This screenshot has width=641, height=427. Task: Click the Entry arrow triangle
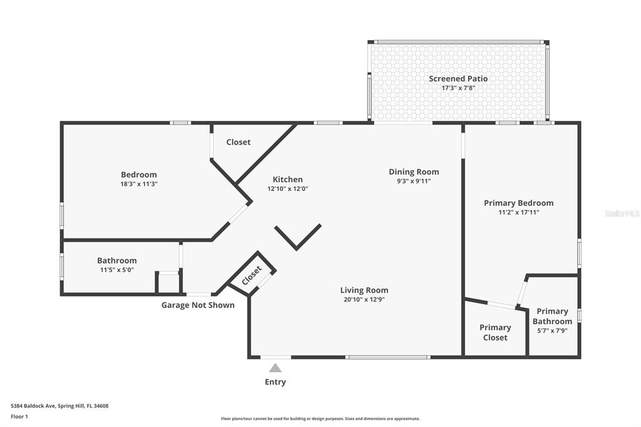pyautogui.click(x=275, y=368)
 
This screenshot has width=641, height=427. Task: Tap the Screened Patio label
pyautogui.click(x=458, y=78)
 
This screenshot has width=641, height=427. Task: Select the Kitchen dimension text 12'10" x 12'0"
pyautogui.click(x=288, y=189)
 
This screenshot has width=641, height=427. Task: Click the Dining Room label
pyautogui.click(x=414, y=172)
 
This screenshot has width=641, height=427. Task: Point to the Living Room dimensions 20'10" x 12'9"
pyautogui.click(x=364, y=299)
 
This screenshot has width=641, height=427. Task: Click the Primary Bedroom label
pyautogui.click(x=519, y=203)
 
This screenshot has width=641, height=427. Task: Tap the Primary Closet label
pyautogui.click(x=495, y=332)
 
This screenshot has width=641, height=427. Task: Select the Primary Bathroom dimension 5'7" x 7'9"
pyautogui.click(x=552, y=331)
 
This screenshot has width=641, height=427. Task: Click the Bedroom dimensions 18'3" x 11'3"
pyautogui.click(x=139, y=184)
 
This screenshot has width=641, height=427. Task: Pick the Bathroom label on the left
pyautogui.click(x=117, y=260)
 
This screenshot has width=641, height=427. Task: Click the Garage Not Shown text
pyautogui.click(x=198, y=305)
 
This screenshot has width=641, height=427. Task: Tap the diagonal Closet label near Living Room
pyautogui.click(x=252, y=275)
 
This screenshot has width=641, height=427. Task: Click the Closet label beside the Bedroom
pyautogui.click(x=238, y=142)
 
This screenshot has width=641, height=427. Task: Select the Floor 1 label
pyautogui.click(x=19, y=417)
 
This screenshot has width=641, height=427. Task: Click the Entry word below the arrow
pyautogui.click(x=275, y=382)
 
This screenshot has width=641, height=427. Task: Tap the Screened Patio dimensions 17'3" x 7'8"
pyautogui.click(x=458, y=88)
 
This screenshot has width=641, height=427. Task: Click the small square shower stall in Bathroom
pyautogui.click(x=168, y=282)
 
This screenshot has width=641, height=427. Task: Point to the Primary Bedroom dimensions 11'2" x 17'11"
pyautogui.click(x=519, y=212)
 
